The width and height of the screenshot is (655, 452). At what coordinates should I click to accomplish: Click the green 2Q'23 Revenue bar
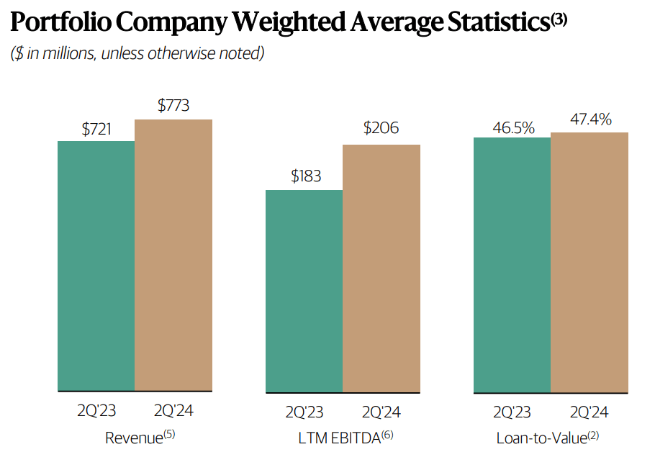(x=96, y=266)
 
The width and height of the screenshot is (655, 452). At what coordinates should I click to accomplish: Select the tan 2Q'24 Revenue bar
(x=173, y=255)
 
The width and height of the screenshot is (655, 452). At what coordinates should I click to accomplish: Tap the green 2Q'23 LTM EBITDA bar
(x=304, y=291)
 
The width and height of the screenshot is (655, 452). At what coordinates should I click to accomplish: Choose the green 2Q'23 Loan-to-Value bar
(x=512, y=265)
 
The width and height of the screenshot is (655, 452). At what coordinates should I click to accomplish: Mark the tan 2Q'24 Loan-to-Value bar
(x=589, y=263)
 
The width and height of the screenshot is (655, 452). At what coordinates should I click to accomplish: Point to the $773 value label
(x=173, y=106)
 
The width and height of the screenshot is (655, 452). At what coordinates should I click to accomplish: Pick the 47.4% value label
(x=590, y=119)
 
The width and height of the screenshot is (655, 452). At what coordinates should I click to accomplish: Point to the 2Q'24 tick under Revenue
(x=174, y=412)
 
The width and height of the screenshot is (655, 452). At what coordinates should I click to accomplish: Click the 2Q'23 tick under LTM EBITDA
(x=304, y=412)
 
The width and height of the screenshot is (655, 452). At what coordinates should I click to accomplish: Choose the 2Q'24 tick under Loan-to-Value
(x=589, y=412)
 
